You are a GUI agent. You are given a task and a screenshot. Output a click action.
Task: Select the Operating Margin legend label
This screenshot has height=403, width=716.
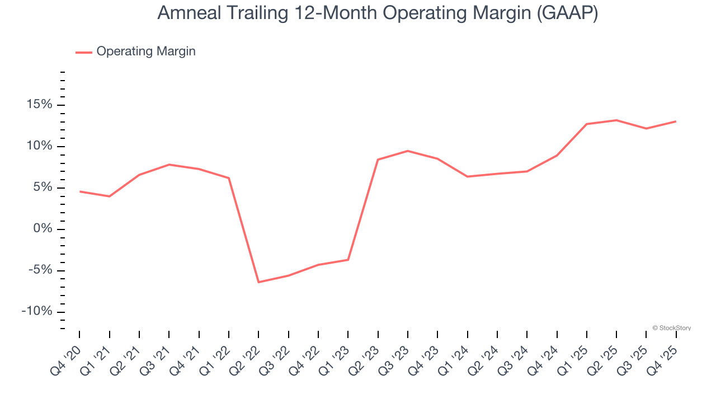(146, 51)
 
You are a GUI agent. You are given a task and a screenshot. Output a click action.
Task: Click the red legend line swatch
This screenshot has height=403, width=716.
(84, 52)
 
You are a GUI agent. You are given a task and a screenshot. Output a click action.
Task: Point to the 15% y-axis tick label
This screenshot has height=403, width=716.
(38, 105)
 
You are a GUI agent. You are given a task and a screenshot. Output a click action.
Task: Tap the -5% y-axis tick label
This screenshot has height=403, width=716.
(39, 270)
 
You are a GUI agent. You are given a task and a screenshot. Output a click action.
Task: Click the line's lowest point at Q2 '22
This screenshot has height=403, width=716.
(258, 282)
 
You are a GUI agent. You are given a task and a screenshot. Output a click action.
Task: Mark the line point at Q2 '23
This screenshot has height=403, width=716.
(378, 160)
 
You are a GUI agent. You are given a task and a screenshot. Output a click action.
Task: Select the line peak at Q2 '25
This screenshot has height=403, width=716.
(616, 120)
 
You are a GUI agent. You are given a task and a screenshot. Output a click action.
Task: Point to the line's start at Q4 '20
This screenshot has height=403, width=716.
(79, 191)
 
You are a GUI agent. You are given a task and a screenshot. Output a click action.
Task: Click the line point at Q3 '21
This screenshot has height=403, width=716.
(169, 165)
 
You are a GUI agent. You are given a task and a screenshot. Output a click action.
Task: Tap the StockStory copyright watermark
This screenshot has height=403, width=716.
(672, 328)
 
